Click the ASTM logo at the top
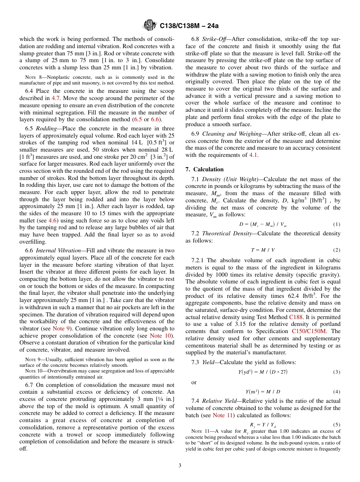(x=149, y=26)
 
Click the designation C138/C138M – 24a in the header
(x=189, y=26)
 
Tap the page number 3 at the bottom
(x=180, y=465)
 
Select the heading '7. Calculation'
(x=205, y=169)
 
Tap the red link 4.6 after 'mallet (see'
(x=53, y=221)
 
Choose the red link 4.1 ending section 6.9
(x=254, y=155)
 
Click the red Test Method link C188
(x=296, y=317)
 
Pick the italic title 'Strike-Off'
(x=214, y=39)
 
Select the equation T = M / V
(x=263, y=250)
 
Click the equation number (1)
(x=337, y=224)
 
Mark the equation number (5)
(x=337, y=424)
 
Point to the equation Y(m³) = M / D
(x=263, y=391)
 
